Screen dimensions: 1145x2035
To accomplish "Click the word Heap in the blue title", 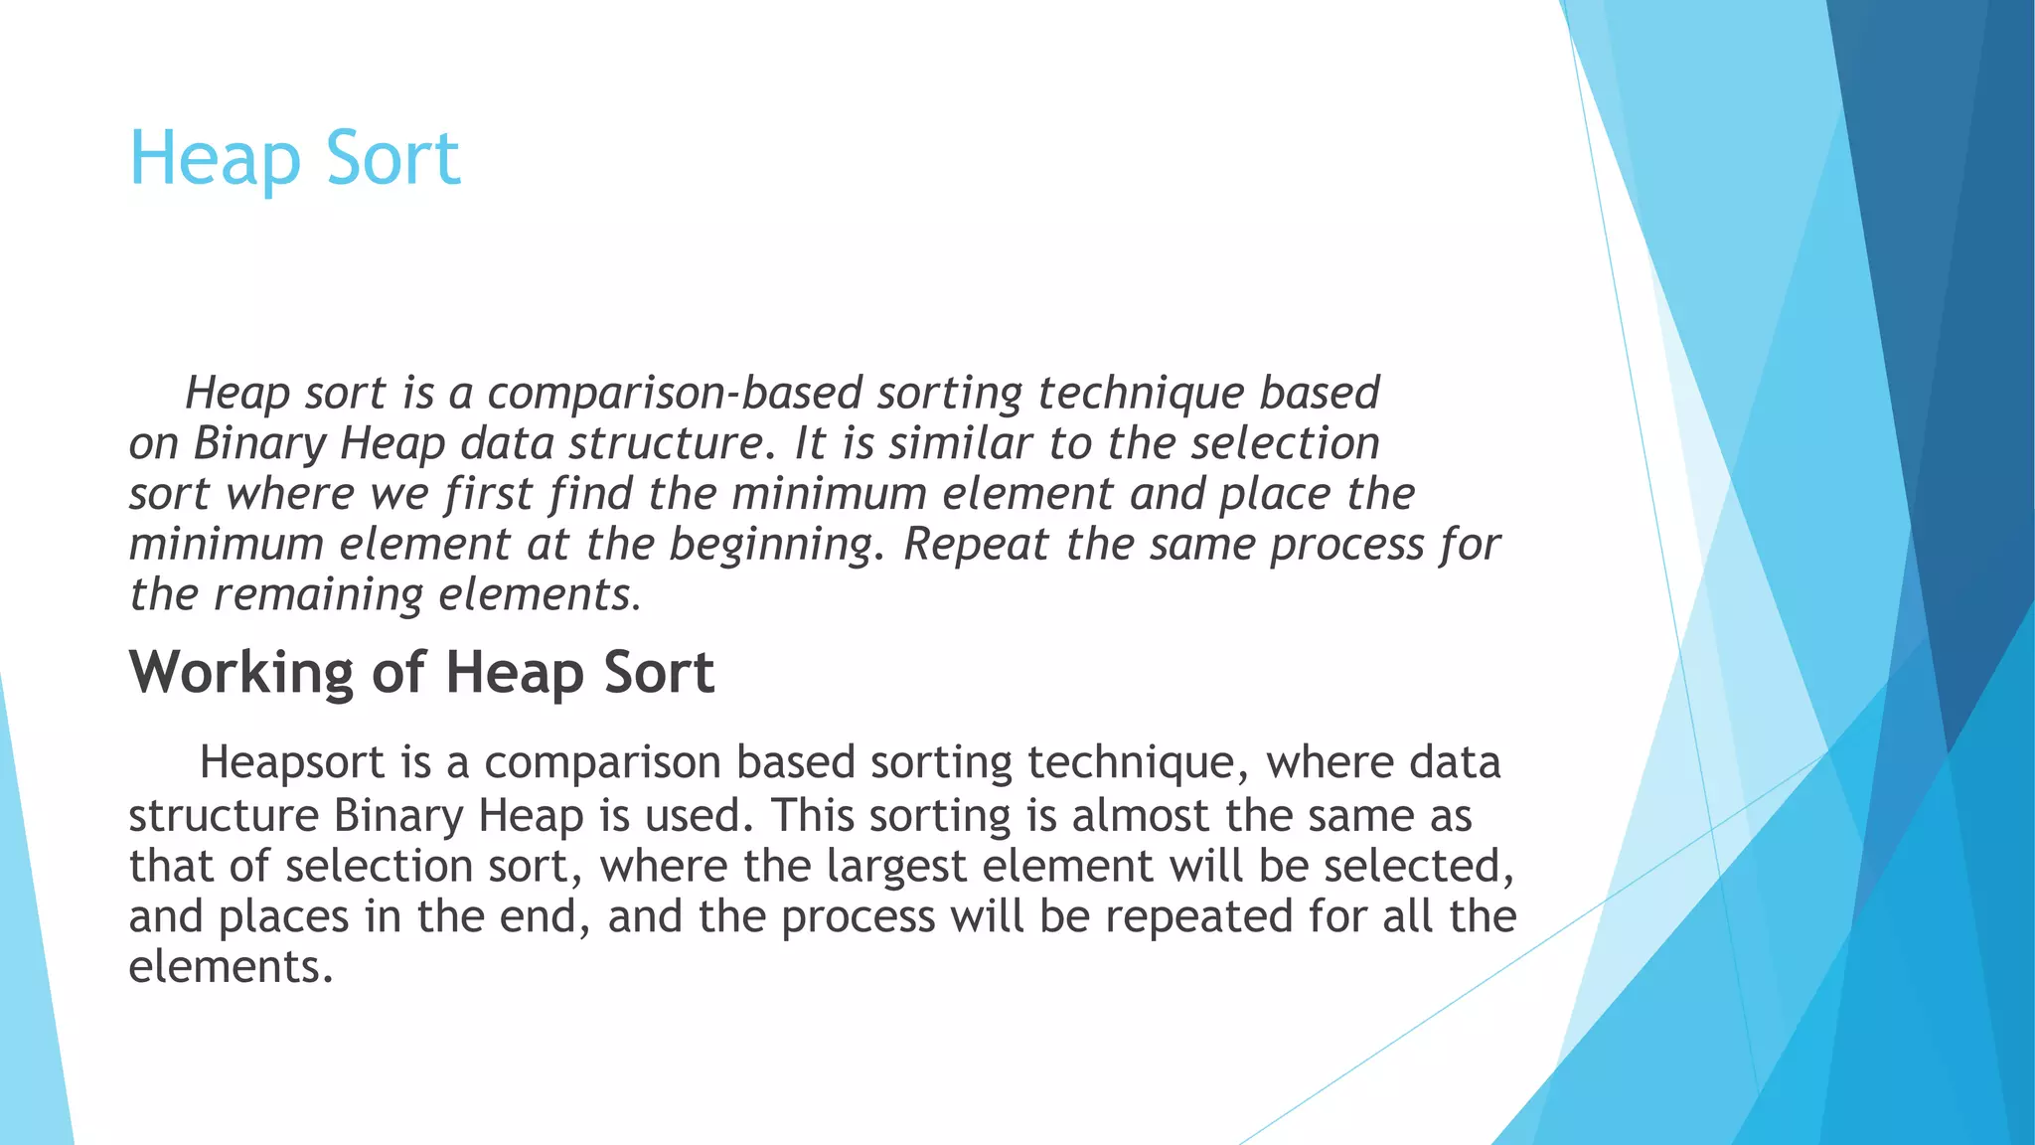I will click(214, 159).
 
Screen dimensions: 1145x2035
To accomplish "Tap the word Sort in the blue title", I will click(393, 159).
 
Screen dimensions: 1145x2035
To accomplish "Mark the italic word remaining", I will click(319, 595).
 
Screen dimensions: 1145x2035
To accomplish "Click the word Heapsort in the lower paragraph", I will click(292, 763).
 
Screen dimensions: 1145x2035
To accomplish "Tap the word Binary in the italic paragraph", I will click(259, 443).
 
